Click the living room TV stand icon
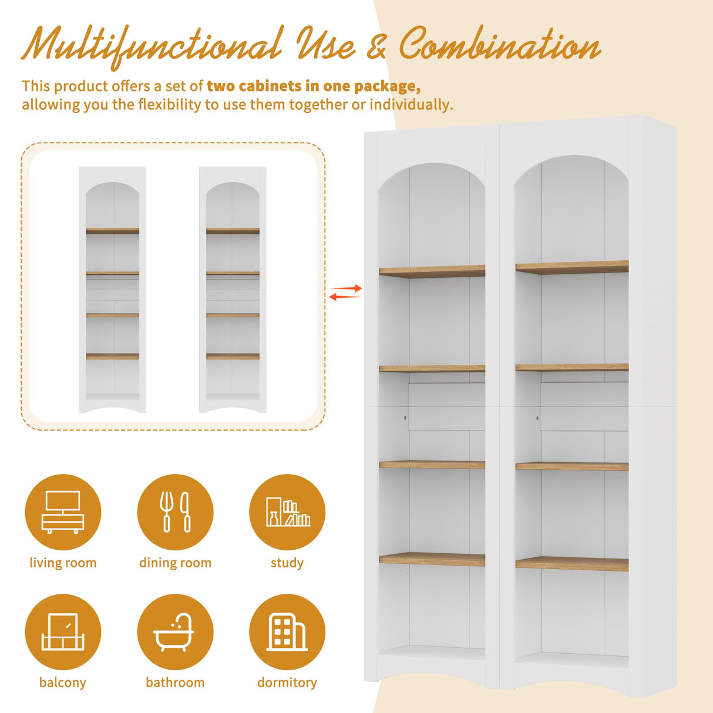coord(63,512)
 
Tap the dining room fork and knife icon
coord(175,512)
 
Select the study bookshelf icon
coord(287,512)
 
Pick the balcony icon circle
coord(63,632)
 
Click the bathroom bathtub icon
coord(175,632)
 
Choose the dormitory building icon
coord(287,632)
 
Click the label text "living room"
coord(63,563)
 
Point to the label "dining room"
coord(175,563)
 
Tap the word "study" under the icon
coord(287,563)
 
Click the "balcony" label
coord(63,682)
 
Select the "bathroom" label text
coord(175,682)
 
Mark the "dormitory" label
coord(287,682)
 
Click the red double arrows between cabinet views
coord(345,292)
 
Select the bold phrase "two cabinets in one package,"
coord(314,86)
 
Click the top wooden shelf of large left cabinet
coord(432,271)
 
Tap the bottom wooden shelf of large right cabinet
coord(571,564)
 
